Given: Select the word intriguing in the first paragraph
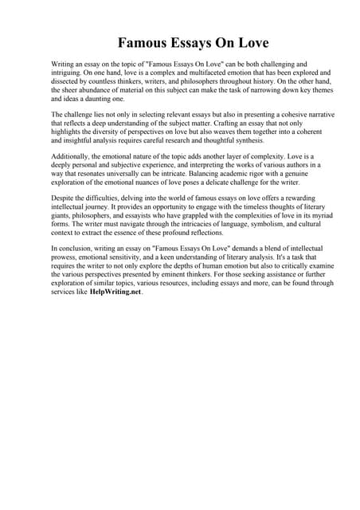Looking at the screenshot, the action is (x=67, y=72).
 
